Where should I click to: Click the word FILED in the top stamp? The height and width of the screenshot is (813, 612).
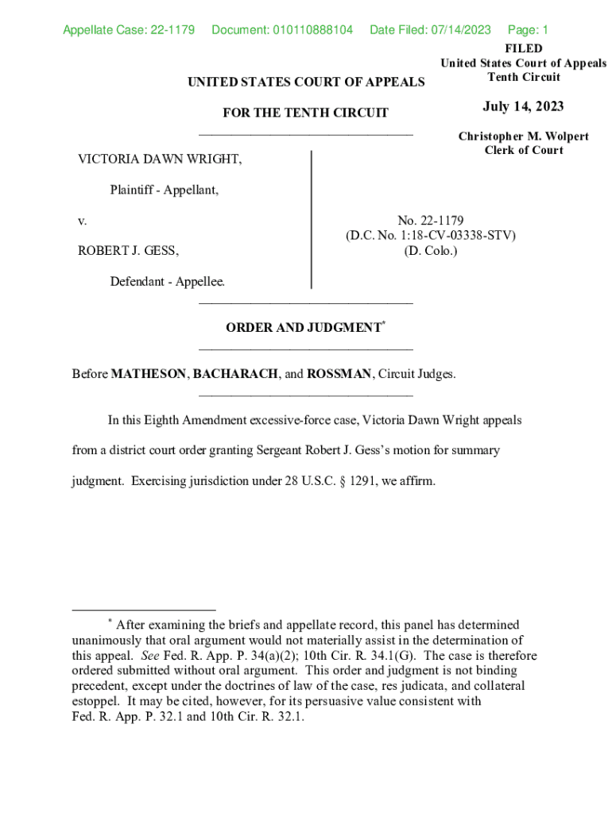pos(523,48)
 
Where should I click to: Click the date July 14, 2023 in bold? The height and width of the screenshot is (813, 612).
pos(523,106)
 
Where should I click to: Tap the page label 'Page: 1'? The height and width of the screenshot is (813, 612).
pos(528,30)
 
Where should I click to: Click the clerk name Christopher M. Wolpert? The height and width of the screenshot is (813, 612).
pos(523,137)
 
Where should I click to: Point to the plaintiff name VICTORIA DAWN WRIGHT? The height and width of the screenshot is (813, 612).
pos(160,160)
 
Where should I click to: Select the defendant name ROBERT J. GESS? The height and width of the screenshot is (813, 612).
pos(128,251)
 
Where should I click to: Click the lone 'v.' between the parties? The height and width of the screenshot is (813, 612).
pos(82,221)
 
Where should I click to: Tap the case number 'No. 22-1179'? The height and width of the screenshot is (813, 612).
pos(430,221)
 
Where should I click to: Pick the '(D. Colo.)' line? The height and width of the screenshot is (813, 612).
pos(430,251)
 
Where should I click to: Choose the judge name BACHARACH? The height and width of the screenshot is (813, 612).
pos(235,374)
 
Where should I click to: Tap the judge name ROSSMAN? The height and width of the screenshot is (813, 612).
pos(339,374)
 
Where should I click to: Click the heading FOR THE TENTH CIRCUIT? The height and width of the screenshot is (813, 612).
pos(305,113)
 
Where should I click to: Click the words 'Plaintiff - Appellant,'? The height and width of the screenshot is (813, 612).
pos(165,191)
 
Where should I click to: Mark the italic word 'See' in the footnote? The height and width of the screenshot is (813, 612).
pos(149,656)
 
